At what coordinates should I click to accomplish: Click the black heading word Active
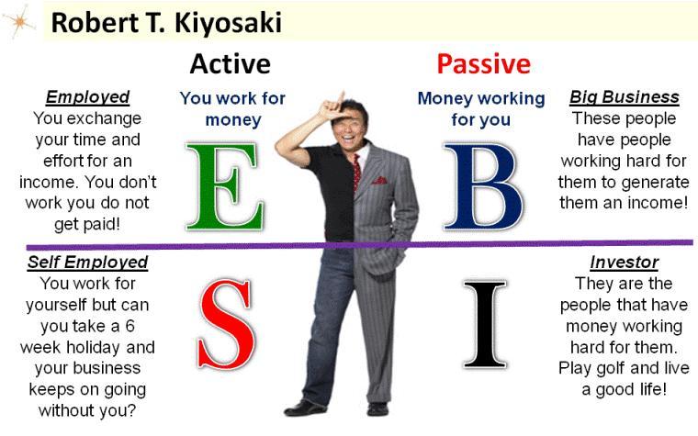tap(230, 63)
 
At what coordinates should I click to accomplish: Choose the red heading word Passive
tap(483, 63)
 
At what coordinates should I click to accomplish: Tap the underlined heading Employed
tap(87, 97)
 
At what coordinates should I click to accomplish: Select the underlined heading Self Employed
tap(87, 263)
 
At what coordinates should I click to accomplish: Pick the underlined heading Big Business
tap(624, 97)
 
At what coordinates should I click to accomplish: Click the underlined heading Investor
tap(624, 263)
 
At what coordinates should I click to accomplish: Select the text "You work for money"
tap(231, 108)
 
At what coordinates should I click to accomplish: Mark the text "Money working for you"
tap(480, 108)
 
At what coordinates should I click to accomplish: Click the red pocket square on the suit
tap(379, 181)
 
